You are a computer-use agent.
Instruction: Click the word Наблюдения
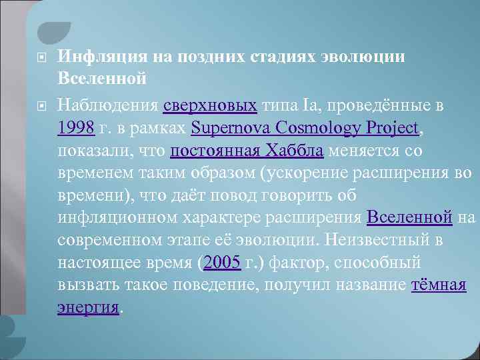coord(108,105)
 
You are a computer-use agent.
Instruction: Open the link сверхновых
coord(210,105)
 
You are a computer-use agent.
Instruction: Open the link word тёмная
coord(439,285)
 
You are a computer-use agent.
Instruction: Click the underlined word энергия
coord(89,307)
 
